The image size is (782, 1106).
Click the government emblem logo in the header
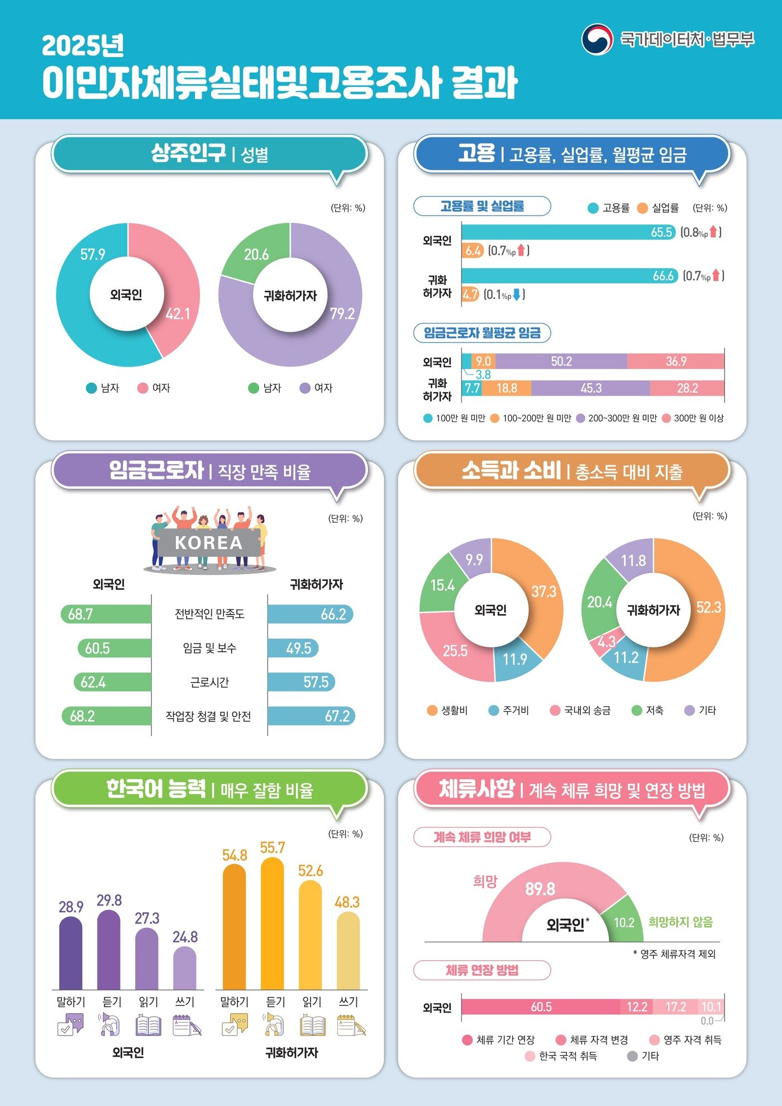click(x=597, y=39)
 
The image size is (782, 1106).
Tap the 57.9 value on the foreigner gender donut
click(x=93, y=255)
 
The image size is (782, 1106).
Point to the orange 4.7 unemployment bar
click(x=470, y=294)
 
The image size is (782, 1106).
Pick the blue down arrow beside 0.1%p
click(x=517, y=294)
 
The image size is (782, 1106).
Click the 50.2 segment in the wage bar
click(x=561, y=361)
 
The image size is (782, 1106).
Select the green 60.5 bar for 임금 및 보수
click(x=115, y=648)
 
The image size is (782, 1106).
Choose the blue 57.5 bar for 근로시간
click(x=301, y=682)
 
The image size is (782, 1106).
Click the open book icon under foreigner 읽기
click(x=149, y=1026)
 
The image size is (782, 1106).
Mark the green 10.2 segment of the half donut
click(x=624, y=922)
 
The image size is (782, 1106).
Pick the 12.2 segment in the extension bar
click(x=637, y=1007)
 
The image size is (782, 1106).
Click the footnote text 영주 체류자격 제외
click(x=677, y=954)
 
